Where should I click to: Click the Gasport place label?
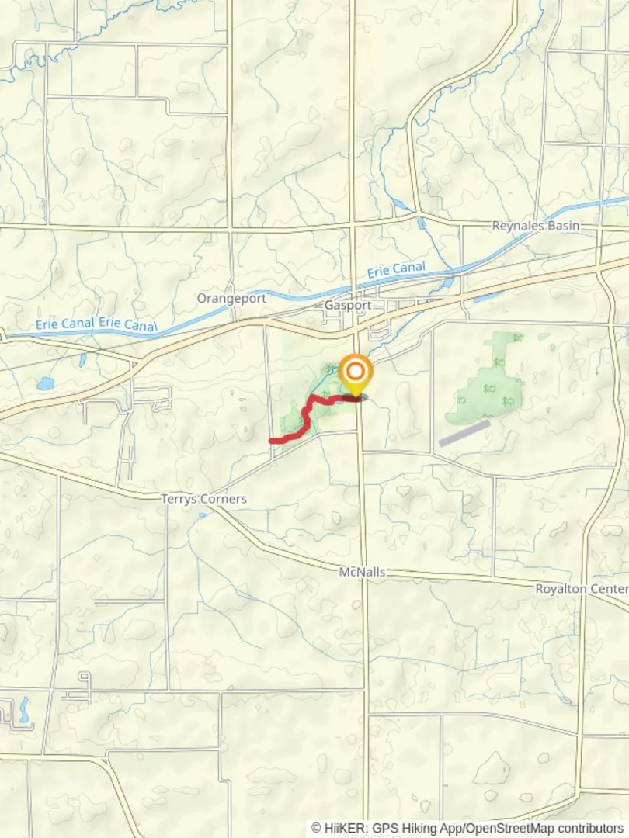pos(347,306)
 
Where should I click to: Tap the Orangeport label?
pos(231,298)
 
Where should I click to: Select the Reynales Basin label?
pos(536,226)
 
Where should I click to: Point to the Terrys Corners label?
pos(203,499)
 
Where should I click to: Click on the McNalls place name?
pos(362,572)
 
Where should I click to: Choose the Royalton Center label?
pos(581,589)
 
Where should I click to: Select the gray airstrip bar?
pos(464,433)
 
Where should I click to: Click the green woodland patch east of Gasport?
pos(495,380)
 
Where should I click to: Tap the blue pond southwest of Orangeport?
pos(46,383)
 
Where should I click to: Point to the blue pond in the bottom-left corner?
pos(24,708)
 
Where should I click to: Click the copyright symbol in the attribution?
pos(316,828)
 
